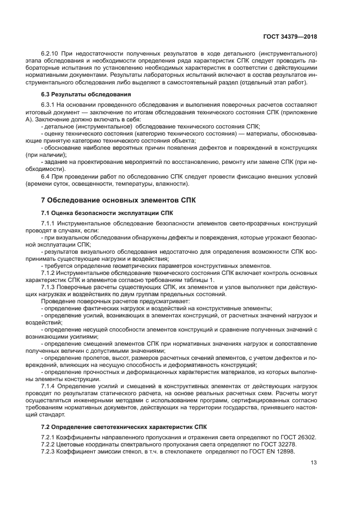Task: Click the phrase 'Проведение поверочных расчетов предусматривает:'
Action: pyautogui.click(x=115, y=301)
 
